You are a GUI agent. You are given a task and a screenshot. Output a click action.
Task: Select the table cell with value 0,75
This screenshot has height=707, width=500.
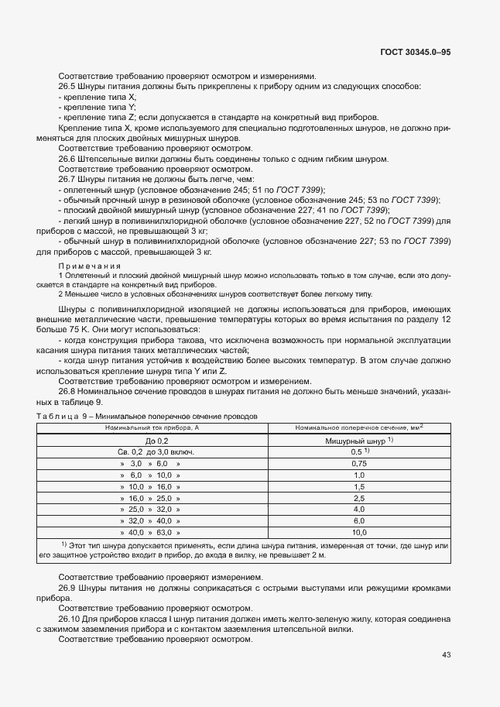tap(358, 462)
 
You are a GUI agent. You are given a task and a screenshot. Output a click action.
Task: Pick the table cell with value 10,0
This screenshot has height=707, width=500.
tap(358, 533)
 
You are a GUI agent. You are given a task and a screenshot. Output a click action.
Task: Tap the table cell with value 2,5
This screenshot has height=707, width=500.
tap(358, 498)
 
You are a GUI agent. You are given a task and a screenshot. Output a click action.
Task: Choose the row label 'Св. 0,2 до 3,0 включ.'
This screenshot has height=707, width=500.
tap(151, 451)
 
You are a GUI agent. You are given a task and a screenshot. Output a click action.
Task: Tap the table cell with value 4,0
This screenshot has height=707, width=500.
tap(358, 510)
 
